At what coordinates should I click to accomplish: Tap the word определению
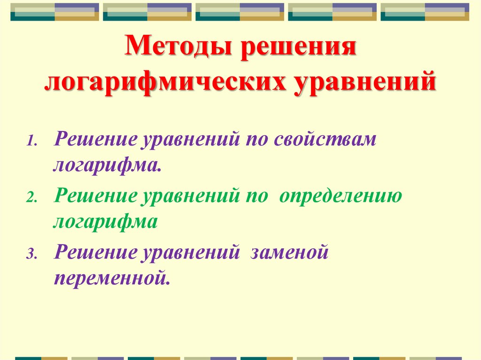coord(341,196)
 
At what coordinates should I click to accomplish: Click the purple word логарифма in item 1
coord(108,165)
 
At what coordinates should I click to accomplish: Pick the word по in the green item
coord(255,196)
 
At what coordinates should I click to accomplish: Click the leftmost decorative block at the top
coord(54,12)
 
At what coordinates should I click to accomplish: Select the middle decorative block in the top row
coord(240,12)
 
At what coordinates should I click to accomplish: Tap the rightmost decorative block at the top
coord(425,12)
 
